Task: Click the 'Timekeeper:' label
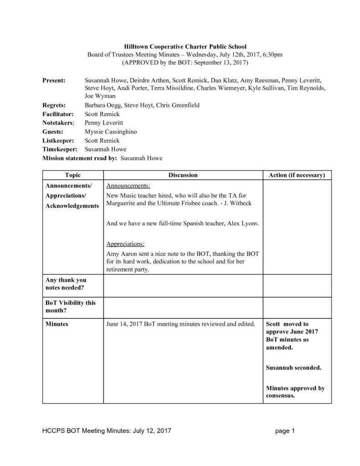tap(59, 149)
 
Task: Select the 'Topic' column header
tap(73, 175)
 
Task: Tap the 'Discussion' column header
tap(183, 175)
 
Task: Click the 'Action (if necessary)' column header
tap(296, 175)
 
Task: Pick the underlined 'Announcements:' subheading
tap(128, 186)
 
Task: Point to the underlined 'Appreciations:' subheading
tap(126, 243)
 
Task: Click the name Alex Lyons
tap(244, 224)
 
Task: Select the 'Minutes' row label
tap(57, 324)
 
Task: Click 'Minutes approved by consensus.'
tap(294, 392)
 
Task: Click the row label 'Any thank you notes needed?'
tap(66, 284)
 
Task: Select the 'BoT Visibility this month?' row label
tap(70, 307)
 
